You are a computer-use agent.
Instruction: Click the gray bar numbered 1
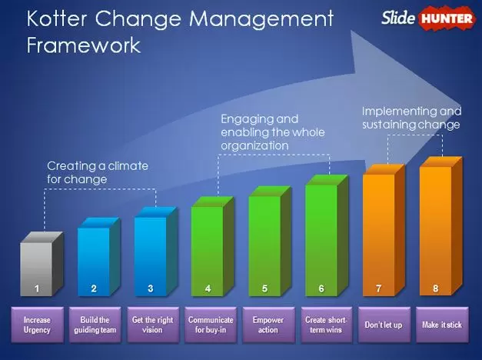coord(42,264)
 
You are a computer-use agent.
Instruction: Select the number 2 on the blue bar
coord(94,288)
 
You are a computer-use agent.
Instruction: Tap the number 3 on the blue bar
coord(151,288)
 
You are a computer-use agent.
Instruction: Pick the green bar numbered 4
coord(212,247)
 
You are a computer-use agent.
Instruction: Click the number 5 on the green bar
coord(264,288)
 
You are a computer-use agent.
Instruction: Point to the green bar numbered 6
coord(327,235)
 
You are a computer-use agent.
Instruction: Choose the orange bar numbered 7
coord(384,230)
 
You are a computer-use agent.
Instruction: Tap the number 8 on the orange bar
coord(436,288)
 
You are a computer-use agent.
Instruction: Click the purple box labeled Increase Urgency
coord(38,325)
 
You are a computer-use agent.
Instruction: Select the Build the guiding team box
coord(95,325)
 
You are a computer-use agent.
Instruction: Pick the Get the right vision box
coord(153,325)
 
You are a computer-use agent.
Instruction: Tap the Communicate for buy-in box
coord(211,325)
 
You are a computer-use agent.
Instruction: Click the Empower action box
coord(268,325)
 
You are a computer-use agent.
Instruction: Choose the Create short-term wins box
coord(327,325)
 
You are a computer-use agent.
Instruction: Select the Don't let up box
coord(384,325)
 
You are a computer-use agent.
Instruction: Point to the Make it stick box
coord(442,325)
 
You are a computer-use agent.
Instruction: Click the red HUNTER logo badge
coord(447,18)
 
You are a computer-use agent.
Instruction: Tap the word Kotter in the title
coord(57,18)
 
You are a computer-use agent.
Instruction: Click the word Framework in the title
coord(84,45)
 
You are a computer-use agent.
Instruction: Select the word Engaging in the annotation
coord(259,119)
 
